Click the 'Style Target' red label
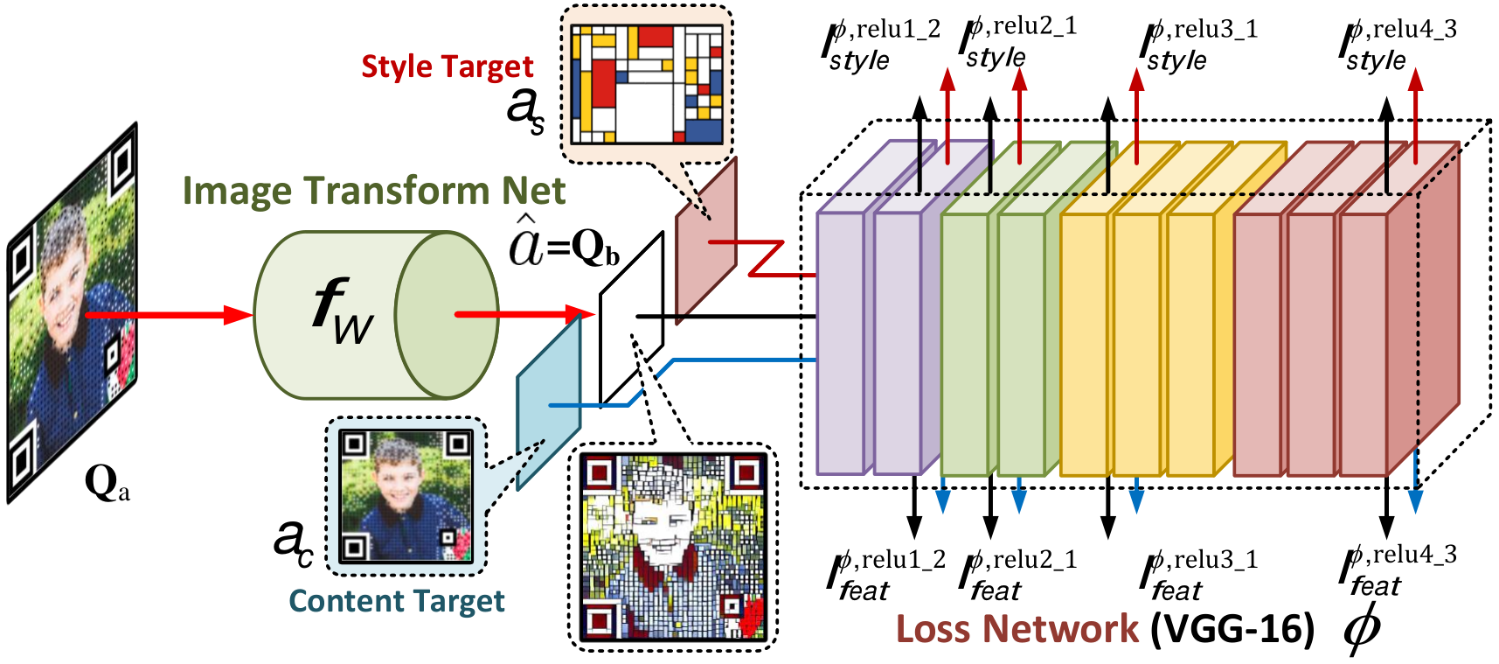[x=447, y=67]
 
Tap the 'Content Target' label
[x=397, y=601]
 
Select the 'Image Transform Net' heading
[x=374, y=191]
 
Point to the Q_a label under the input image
[x=108, y=483]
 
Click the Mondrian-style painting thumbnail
[x=647, y=84]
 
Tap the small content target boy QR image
[x=406, y=496]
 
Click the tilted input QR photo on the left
[x=73, y=312]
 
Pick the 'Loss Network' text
[x=1017, y=628]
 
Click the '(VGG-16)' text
[x=1232, y=629]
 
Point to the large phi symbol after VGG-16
[x=1362, y=626]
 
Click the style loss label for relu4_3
[x=1398, y=46]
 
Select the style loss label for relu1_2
[x=881, y=46]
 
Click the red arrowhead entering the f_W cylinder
[x=238, y=314]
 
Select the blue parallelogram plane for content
[x=549, y=402]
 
